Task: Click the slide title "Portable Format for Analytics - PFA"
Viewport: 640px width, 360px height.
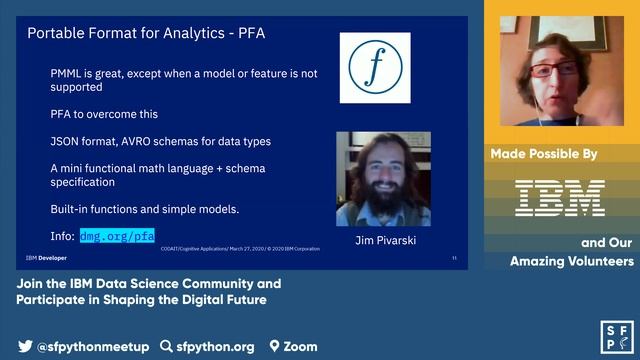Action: [146, 33]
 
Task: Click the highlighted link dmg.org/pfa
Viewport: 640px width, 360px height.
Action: [117, 237]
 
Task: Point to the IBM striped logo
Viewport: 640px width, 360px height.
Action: [559, 198]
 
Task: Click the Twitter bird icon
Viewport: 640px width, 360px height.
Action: [25, 347]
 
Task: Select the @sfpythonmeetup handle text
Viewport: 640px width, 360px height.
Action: [93, 347]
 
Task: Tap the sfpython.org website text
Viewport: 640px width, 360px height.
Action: [214, 347]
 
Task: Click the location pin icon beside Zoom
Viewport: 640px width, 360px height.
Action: [275, 347]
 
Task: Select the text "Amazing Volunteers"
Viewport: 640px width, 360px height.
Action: [572, 261]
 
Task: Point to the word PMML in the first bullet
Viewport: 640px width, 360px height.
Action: [69, 74]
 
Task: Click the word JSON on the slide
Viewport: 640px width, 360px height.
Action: [68, 141]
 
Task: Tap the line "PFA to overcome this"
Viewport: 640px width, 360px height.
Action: [104, 114]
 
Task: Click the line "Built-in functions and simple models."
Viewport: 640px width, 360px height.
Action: [145, 209]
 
